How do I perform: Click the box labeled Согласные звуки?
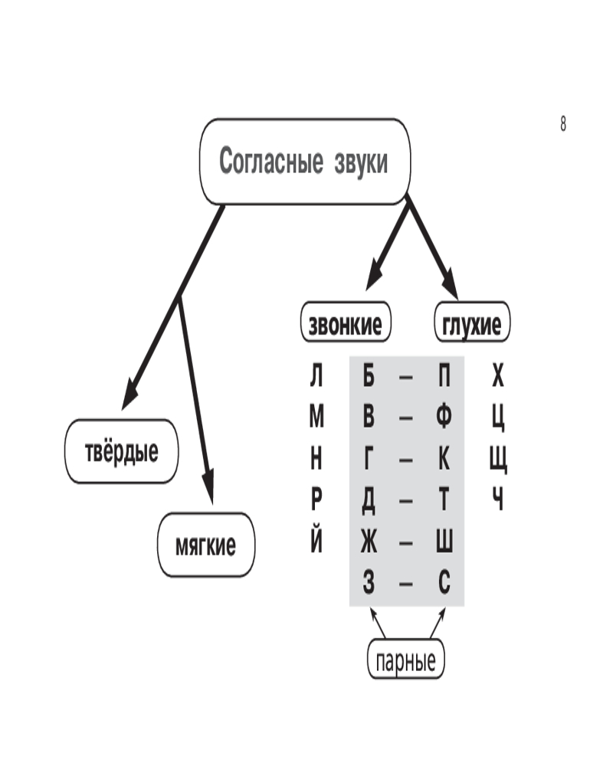point(304,162)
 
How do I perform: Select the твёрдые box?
point(122,451)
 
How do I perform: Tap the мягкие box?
point(206,545)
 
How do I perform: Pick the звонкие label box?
point(345,325)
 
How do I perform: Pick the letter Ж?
point(369,542)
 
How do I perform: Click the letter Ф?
point(445,417)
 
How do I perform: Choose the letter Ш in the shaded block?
point(445,542)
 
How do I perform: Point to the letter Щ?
point(498,460)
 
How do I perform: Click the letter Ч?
point(498,501)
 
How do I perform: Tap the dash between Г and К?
point(407,460)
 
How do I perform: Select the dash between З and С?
point(407,584)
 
